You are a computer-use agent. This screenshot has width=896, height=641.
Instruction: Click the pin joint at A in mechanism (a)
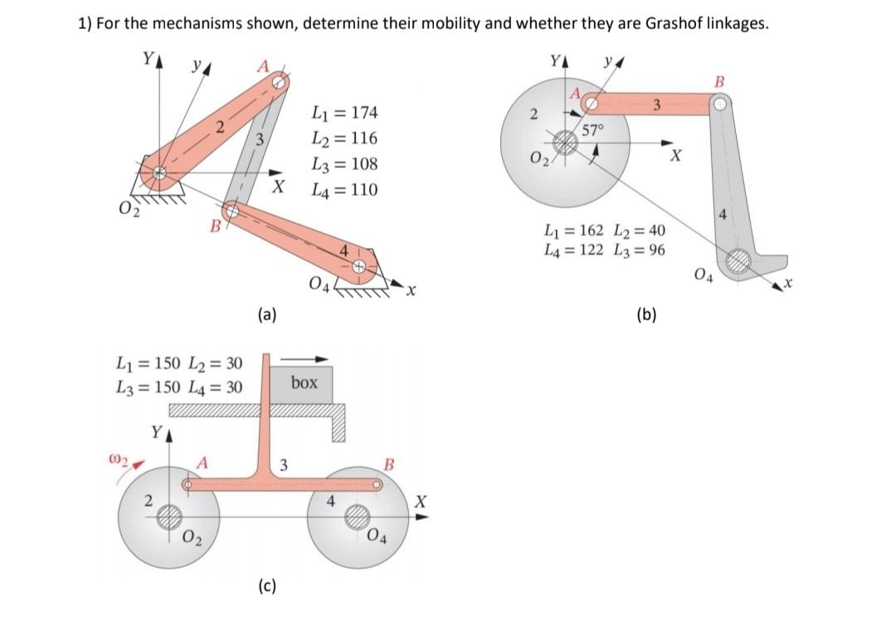280,81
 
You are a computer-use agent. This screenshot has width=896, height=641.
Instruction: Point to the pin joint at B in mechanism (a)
233,212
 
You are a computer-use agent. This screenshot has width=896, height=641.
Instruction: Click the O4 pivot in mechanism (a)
358,267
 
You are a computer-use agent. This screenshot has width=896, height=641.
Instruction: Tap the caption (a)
266,313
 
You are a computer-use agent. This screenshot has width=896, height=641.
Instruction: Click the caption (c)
266,586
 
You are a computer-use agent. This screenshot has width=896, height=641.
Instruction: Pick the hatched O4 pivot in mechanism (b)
737,262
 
